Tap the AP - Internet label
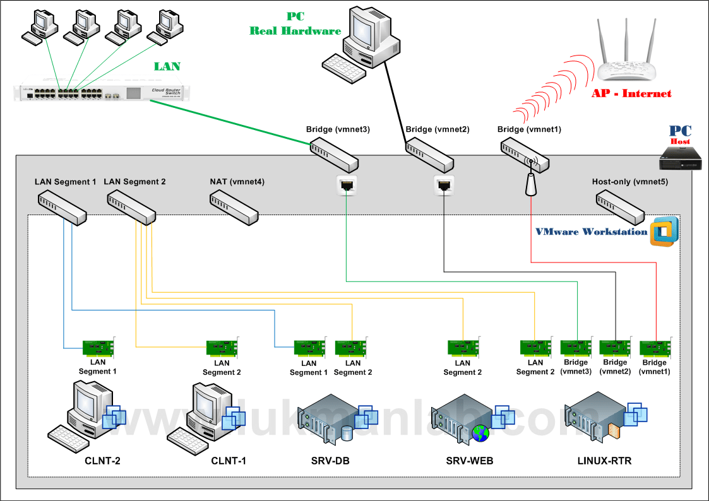[631, 93]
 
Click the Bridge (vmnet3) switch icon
[334, 154]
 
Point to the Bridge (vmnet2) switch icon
[429, 155]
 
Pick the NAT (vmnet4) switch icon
[234, 206]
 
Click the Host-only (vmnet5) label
[629, 182]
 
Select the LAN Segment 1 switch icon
[63, 206]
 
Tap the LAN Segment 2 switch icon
[131, 206]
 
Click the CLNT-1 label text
[229, 461]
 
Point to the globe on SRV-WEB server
[479, 433]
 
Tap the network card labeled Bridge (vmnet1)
[655, 348]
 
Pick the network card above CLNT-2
[98, 348]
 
